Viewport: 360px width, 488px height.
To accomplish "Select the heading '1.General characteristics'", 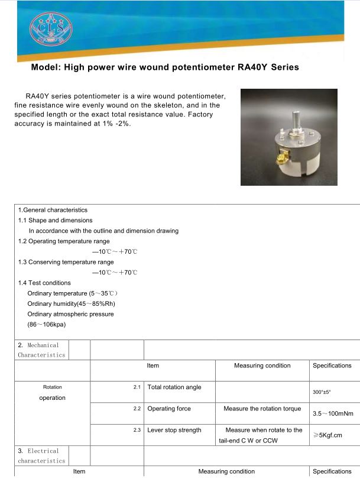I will pyautogui.click(x=53, y=210).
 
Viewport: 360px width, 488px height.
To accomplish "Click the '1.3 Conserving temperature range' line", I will pyautogui.click(x=66, y=262).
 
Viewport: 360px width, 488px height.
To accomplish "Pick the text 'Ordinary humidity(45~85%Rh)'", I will pyautogui.click(x=71, y=303).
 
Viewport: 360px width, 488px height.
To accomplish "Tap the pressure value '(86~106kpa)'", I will pyautogui.click(x=46, y=325).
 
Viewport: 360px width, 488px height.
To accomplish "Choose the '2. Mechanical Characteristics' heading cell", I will pyautogui.click(x=41, y=350).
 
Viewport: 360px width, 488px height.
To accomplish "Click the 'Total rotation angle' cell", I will pyautogui.click(x=174, y=387).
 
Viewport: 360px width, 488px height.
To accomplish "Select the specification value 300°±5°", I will pyautogui.click(x=322, y=392).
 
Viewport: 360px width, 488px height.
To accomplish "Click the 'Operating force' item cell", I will pyautogui.click(x=169, y=409).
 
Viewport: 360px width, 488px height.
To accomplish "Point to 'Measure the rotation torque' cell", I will pyautogui.click(x=262, y=409).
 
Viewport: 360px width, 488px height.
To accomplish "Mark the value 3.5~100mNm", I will pyautogui.click(x=332, y=413).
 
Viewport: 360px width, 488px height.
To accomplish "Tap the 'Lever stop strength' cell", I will pyautogui.click(x=174, y=430).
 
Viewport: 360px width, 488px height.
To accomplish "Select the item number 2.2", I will pyautogui.click(x=137, y=409).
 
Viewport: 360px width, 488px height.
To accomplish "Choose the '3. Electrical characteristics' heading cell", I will pyautogui.click(x=41, y=455).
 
